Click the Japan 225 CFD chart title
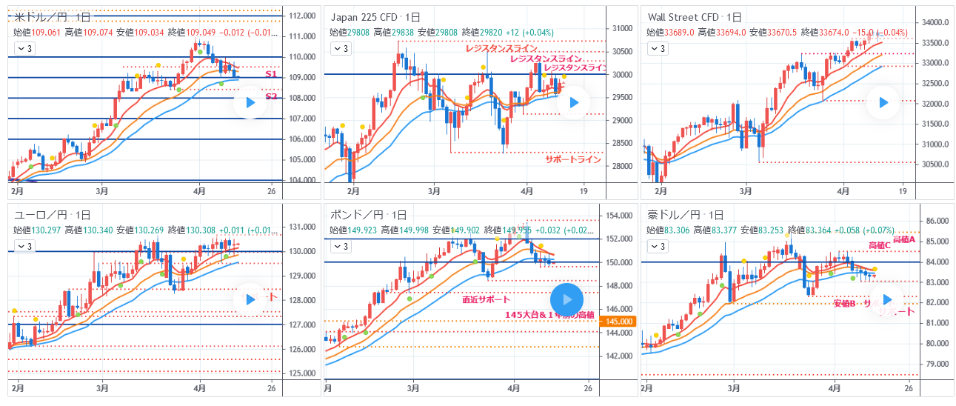point(375,17)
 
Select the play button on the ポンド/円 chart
point(566,299)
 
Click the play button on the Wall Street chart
point(883,103)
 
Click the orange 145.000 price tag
point(619,322)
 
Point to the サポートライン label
point(573,159)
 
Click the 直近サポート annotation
point(486,299)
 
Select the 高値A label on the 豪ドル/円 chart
point(904,239)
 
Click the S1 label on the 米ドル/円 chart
point(271,75)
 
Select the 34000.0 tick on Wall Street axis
point(936,22)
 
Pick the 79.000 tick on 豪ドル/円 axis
point(935,364)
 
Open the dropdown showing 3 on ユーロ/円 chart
point(25,245)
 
